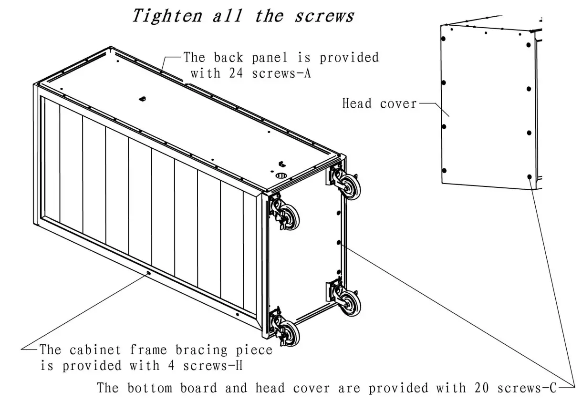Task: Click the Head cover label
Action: pos(379,103)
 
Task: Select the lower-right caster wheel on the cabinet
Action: pos(352,301)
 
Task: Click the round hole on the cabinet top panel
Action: pos(281,175)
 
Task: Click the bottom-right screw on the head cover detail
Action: pos(530,176)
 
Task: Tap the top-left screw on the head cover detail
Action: pos(444,39)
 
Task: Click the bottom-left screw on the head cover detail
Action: pos(444,170)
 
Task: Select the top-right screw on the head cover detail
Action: pos(529,44)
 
